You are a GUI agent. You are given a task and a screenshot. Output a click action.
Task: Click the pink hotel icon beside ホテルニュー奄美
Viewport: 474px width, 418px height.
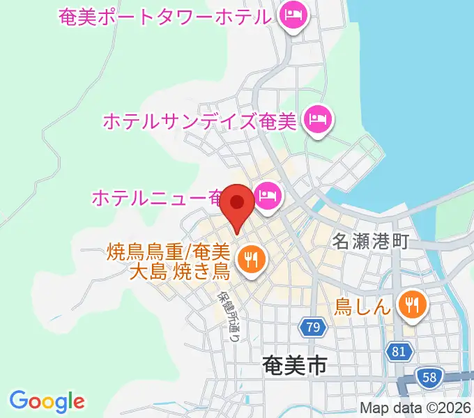pos(267,196)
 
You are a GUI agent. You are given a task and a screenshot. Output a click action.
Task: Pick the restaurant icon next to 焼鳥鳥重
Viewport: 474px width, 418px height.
pos(249,260)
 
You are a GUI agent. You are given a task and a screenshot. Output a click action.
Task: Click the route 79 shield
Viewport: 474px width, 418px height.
pos(312,326)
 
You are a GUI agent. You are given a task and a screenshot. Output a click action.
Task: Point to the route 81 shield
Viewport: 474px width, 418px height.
pos(398,352)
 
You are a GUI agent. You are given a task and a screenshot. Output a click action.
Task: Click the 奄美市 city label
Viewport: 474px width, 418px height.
pos(295,365)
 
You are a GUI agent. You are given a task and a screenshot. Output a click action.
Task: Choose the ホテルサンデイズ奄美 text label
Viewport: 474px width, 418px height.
pos(200,121)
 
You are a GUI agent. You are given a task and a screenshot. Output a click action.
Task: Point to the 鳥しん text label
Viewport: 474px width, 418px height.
pos(362,305)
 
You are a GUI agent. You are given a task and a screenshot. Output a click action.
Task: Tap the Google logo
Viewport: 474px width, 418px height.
pos(47,401)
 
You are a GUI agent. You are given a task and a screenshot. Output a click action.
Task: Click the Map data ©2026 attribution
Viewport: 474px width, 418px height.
pos(415,408)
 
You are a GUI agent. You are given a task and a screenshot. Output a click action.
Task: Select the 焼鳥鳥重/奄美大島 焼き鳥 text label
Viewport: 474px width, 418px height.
pos(178,261)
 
